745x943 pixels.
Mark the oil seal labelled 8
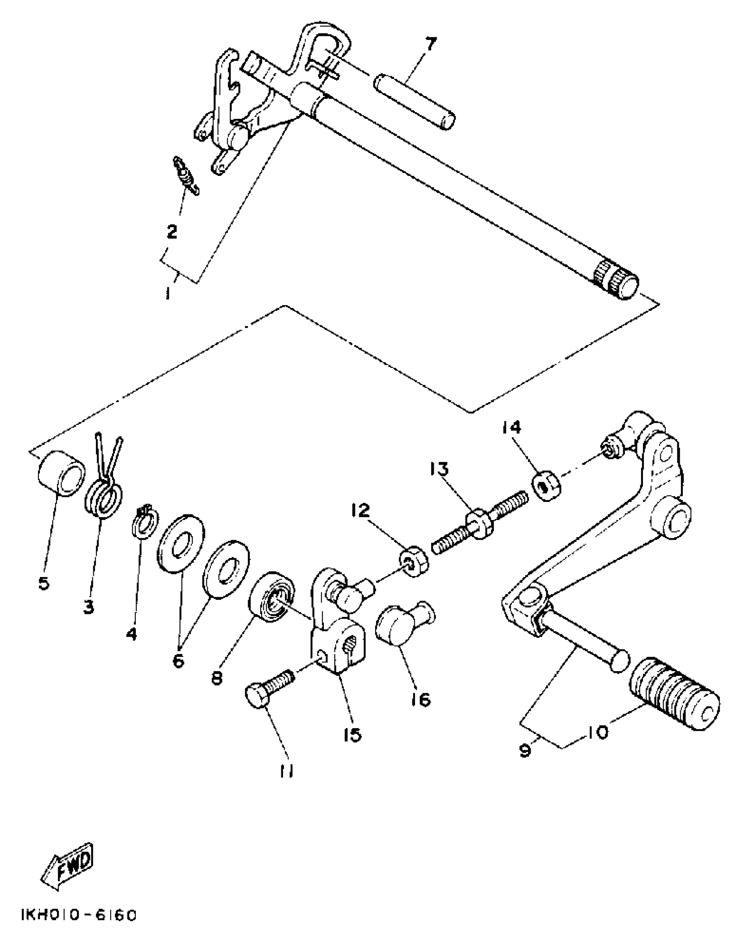click(272, 598)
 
